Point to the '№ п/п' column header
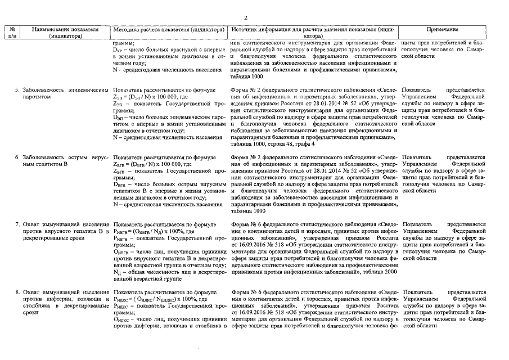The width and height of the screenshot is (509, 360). (x=12, y=32)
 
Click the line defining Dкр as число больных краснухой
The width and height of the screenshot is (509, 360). (x=169, y=49)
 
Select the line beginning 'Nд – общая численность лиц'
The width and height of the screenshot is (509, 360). (x=169, y=272)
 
